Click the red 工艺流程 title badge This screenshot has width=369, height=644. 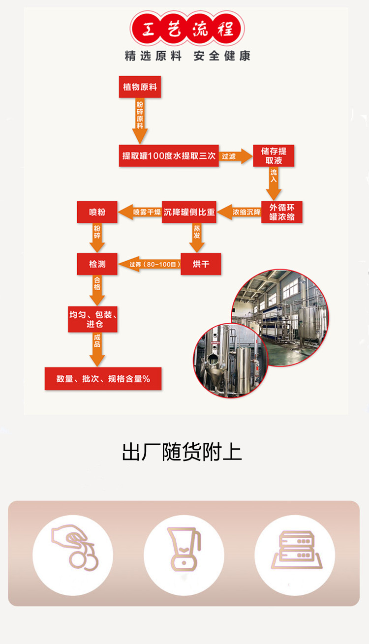(x=187, y=28)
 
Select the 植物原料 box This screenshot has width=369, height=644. (x=140, y=87)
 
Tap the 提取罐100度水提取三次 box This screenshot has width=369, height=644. (x=169, y=156)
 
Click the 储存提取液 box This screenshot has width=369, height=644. (x=274, y=156)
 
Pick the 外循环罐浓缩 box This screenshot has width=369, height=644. (x=282, y=212)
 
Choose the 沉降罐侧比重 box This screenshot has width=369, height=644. (x=189, y=212)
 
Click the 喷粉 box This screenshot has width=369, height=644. (x=97, y=212)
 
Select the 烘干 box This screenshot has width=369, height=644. (x=201, y=264)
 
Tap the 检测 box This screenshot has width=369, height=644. (x=97, y=264)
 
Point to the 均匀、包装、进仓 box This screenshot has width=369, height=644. (x=92, y=319)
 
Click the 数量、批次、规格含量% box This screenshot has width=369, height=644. (x=103, y=379)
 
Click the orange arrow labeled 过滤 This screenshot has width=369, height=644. (x=236, y=156)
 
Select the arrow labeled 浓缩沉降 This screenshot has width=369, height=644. (x=239, y=212)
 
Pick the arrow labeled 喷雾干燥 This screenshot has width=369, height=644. (x=140, y=212)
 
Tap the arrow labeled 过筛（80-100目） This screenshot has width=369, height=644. (x=149, y=264)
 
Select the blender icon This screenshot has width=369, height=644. (x=184, y=549)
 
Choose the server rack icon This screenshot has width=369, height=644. (x=296, y=550)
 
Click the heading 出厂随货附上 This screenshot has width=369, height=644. (x=182, y=452)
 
